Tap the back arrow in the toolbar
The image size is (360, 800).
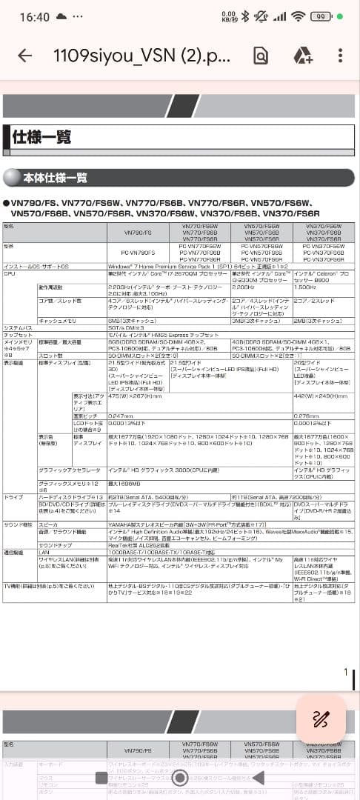[25, 56]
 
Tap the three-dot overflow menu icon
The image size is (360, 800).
[340, 56]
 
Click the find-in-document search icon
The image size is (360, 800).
[260, 56]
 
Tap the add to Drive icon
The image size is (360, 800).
[301, 56]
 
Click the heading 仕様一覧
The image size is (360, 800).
[42, 136]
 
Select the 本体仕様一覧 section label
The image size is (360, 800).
[56, 178]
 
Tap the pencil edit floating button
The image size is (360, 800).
[320, 719]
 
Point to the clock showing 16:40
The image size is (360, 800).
[34, 16]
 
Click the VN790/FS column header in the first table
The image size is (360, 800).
[139, 233]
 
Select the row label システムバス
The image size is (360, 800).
[18, 327]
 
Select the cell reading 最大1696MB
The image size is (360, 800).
[124, 461]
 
